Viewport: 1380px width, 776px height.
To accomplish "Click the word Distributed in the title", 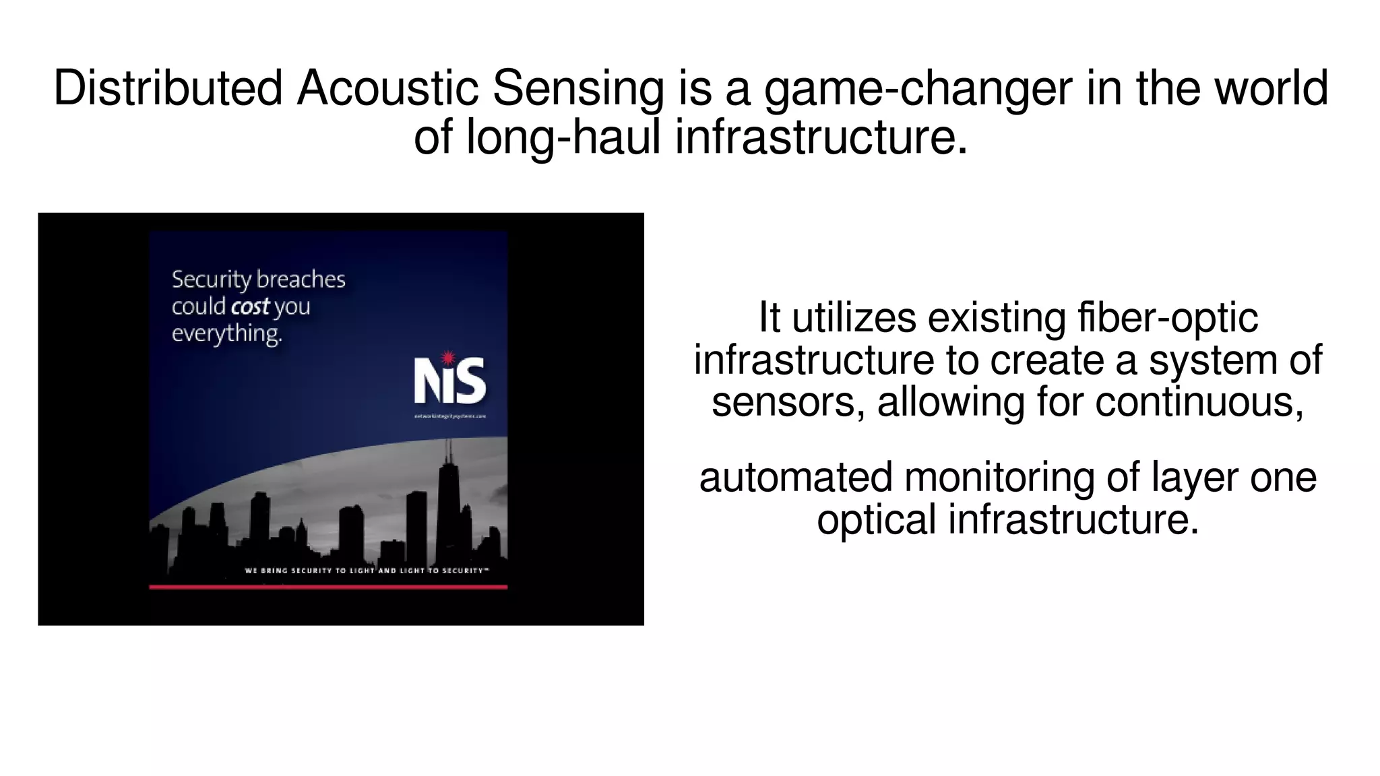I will point(168,89).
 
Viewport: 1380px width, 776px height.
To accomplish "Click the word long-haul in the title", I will point(563,137).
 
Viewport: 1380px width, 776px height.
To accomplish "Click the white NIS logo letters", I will point(449,381).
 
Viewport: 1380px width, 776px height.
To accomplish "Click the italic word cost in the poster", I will point(250,306).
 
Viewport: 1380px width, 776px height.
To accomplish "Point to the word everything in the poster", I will point(226,333).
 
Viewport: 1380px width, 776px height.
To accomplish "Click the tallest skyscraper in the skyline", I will point(448,498).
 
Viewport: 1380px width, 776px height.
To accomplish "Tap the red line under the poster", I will point(328,587).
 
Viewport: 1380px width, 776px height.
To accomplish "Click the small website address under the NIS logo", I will point(450,416).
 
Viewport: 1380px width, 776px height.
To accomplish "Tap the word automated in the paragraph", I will point(795,478).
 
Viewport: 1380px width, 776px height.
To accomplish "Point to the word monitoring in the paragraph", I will point(999,478).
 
